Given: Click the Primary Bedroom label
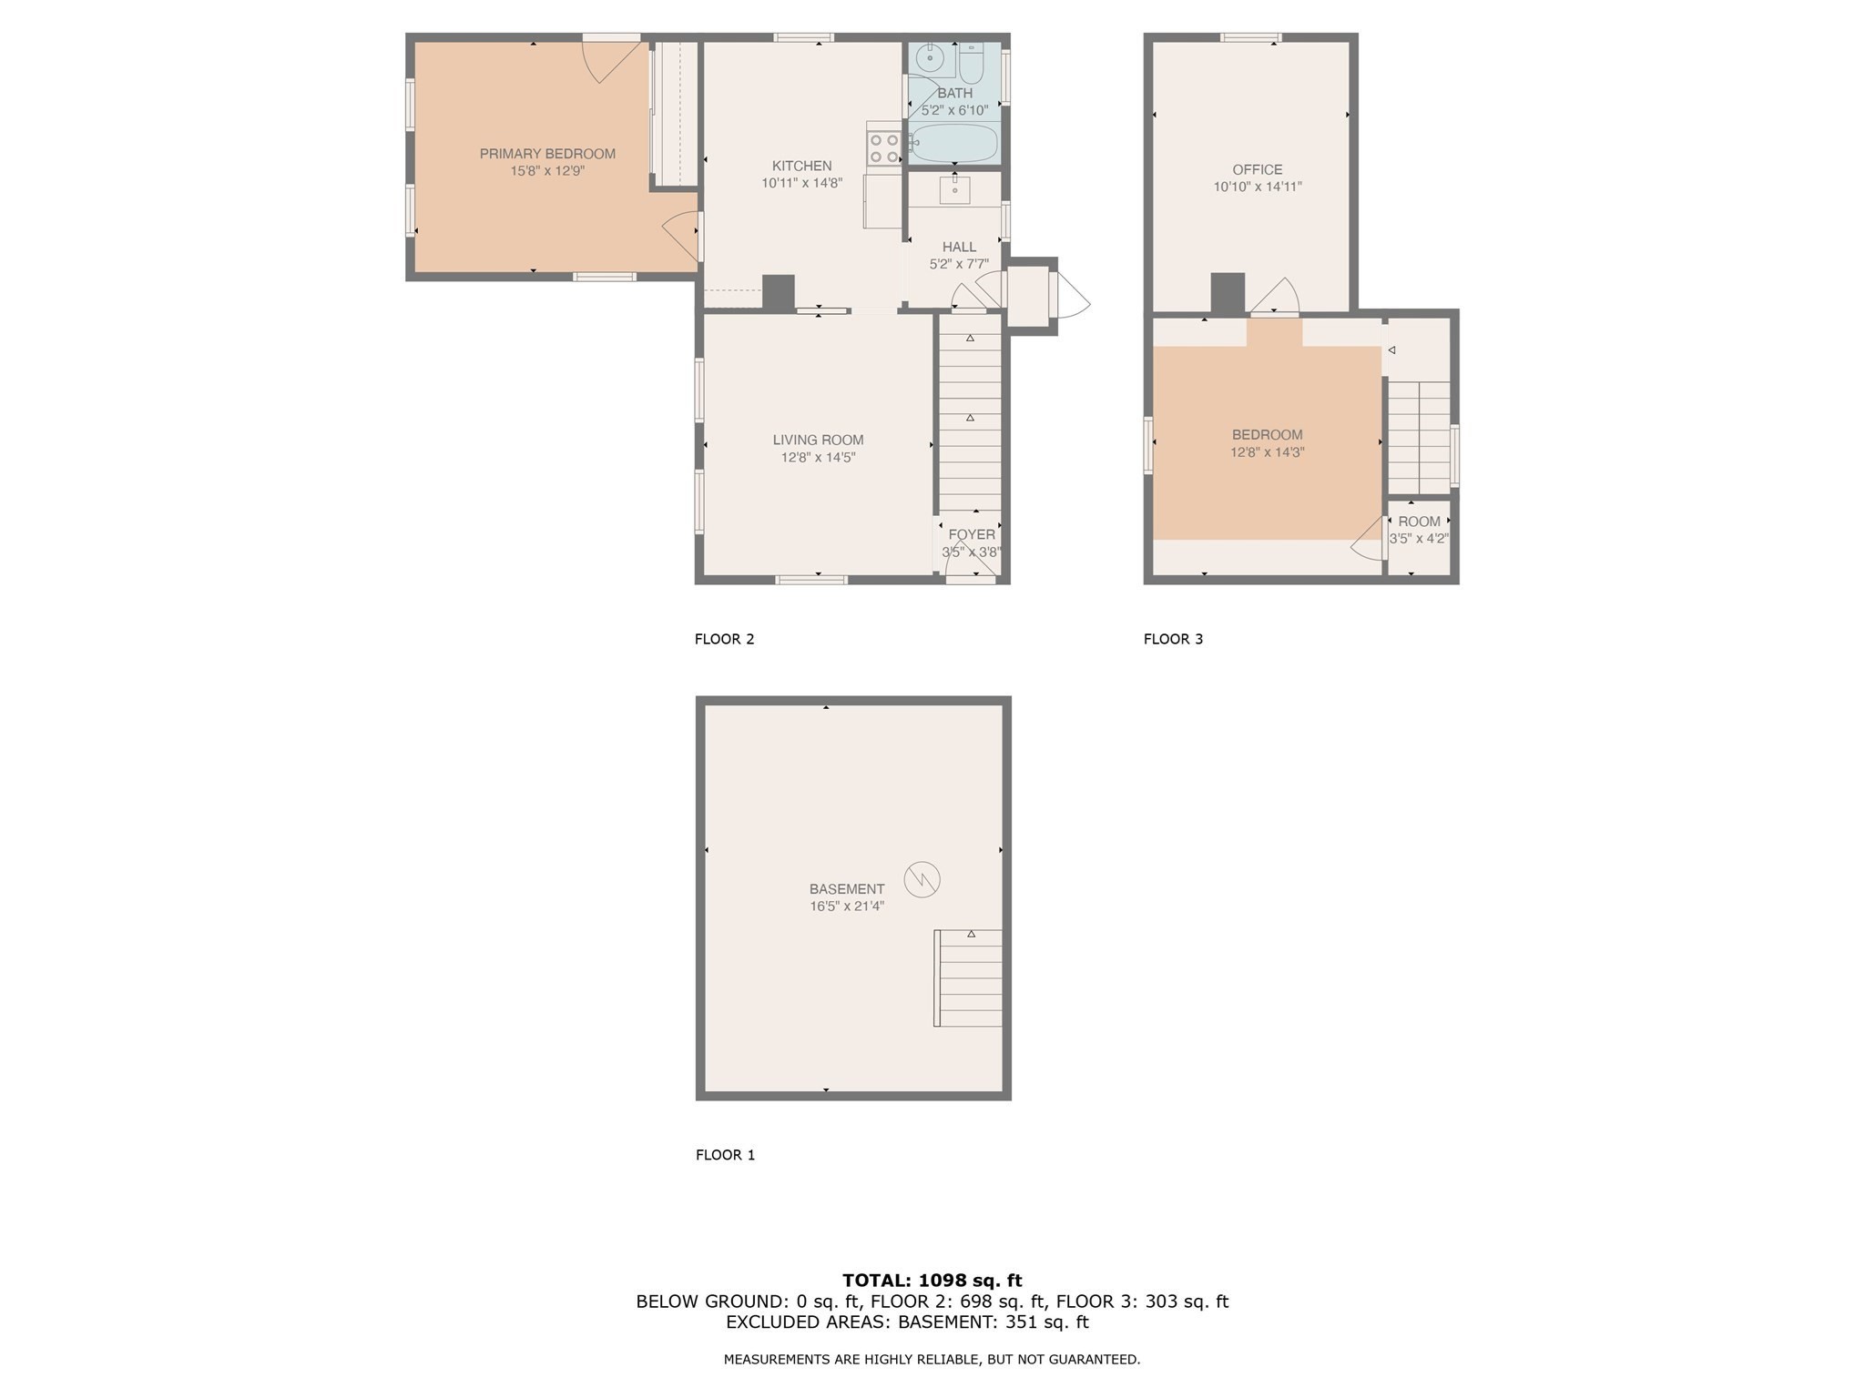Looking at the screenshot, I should click(547, 154).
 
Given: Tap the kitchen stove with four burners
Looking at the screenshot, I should click(883, 148).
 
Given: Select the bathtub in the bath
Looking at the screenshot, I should click(954, 144).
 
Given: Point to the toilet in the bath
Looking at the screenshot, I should click(971, 63).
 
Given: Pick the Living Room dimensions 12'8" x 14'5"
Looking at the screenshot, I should click(818, 458).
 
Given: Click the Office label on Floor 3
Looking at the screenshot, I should click(1257, 169).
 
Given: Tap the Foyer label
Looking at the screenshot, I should click(972, 534).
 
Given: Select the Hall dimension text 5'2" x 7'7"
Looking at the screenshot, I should click(958, 264).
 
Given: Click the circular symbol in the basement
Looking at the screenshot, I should click(922, 879).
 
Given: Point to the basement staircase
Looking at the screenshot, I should click(969, 978).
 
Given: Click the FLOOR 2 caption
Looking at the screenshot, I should click(724, 639).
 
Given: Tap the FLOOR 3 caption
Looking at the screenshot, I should click(1173, 639).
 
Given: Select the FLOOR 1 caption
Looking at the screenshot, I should click(725, 1155).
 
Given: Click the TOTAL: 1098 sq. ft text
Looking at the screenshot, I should click(932, 1281).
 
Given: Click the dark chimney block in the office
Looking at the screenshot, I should click(1227, 293).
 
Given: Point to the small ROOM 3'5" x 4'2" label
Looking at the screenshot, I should click(1419, 530).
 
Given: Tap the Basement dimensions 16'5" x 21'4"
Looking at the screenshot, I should click(846, 907).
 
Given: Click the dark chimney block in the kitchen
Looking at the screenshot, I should click(778, 293).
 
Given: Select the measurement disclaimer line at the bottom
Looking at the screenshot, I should click(932, 1359).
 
